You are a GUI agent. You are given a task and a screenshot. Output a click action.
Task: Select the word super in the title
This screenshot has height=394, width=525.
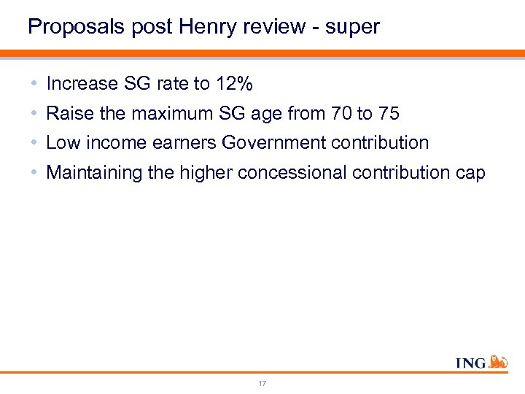353,27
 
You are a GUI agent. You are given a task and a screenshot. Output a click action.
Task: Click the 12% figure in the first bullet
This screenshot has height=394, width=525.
235,84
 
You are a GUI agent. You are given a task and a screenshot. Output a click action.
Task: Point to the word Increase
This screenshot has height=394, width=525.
82,84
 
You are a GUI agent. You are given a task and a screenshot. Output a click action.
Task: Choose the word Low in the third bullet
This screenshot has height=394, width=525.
61,143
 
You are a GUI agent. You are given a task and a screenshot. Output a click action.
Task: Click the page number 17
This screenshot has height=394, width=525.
262,383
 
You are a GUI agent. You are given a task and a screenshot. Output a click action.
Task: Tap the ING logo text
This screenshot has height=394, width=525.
470,363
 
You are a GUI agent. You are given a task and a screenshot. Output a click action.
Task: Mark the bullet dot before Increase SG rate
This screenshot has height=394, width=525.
35,84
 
